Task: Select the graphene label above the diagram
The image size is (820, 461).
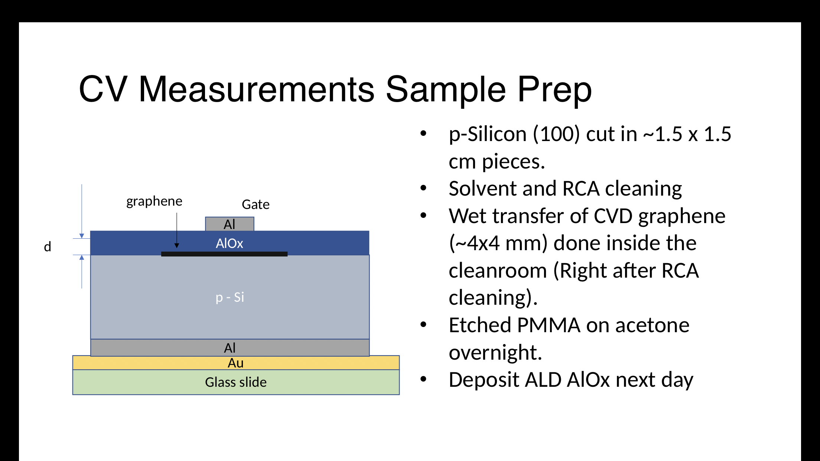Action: point(154,202)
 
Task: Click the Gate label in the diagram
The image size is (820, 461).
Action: point(256,204)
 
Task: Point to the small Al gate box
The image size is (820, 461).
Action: point(230,224)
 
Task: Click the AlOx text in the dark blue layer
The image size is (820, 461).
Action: point(230,243)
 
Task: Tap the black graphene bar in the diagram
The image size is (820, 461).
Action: point(224,254)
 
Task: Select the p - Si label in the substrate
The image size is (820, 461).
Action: point(230,297)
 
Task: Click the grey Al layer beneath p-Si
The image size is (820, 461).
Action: point(230,348)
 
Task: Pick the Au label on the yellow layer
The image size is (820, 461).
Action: point(236,363)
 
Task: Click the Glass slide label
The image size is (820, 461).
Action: point(236,382)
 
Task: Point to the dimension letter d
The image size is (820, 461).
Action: point(48,246)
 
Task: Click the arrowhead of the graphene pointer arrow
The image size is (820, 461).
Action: point(177,246)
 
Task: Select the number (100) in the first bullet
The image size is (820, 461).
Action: point(556,134)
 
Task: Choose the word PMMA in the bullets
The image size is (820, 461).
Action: point(549,325)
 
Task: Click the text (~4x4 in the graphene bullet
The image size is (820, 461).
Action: point(474,243)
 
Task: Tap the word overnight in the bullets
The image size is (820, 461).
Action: point(495,353)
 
